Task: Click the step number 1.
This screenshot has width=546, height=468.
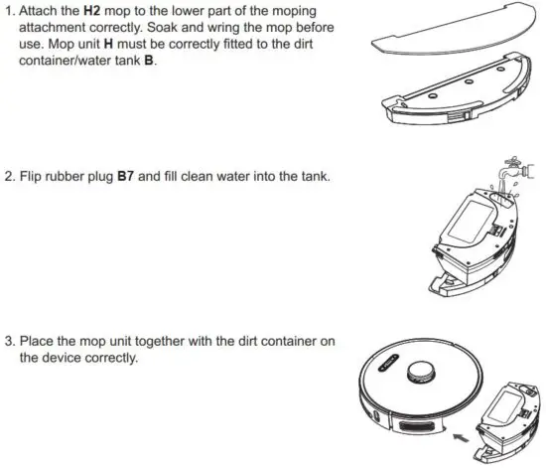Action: click(9, 10)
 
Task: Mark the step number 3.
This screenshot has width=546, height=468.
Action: click(9, 342)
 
